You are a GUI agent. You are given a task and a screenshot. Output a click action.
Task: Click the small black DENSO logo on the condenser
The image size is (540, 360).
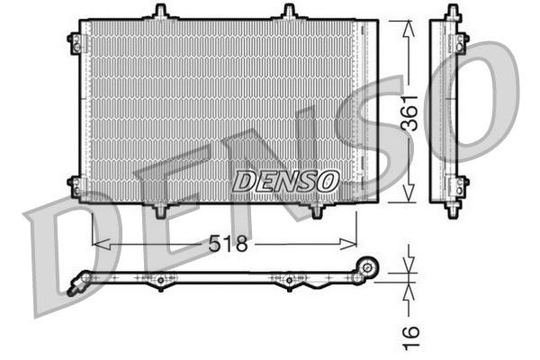(x=285, y=181)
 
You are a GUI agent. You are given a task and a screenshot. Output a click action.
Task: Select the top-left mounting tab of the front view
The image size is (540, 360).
(x=160, y=13)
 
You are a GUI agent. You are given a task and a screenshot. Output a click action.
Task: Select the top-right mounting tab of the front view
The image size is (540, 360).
(x=289, y=13)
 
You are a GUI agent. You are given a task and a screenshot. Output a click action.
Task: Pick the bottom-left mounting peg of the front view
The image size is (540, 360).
(x=160, y=210)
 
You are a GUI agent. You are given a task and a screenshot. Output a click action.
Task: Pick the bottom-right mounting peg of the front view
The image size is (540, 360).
(x=317, y=210)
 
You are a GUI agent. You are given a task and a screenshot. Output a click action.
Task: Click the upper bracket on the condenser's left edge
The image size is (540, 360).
(x=76, y=40)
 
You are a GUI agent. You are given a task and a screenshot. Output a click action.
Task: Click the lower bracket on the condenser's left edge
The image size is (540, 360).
(x=76, y=185)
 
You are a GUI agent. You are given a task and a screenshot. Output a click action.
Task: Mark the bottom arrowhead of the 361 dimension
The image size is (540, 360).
(x=409, y=195)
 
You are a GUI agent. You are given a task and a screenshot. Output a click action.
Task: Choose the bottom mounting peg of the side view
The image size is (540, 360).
(x=452, y=211)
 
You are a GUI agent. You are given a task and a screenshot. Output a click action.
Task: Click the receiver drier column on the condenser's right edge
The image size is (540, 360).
(x=366, y=112)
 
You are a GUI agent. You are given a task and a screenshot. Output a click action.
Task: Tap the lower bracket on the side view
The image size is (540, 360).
(x=462, y=186)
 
